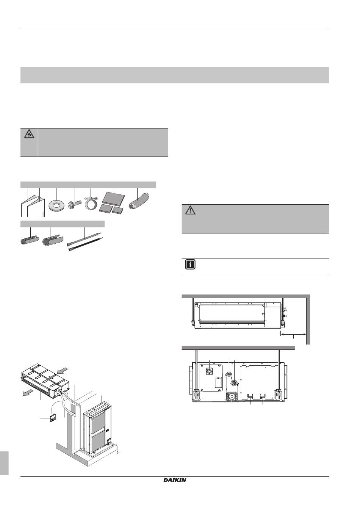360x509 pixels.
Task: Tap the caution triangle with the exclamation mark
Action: pos(190,210)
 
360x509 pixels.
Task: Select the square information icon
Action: pos(190,264)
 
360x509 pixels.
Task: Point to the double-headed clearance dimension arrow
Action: pos(293,334)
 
